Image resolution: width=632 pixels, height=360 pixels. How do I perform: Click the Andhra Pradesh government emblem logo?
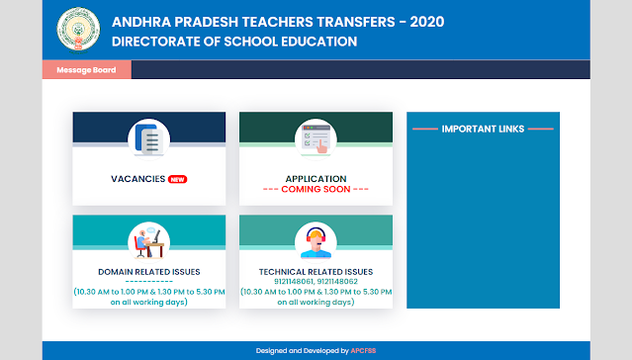coord(78,30)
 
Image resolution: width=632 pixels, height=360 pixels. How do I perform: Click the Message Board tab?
coord(86,70)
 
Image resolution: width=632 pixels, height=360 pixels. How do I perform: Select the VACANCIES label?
coord(137,179)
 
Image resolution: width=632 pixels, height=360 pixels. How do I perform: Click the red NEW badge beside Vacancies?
coord(177,179)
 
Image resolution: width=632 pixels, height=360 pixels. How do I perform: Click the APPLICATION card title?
coord(316,178)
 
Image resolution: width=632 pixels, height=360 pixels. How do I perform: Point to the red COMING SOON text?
coord(316,189)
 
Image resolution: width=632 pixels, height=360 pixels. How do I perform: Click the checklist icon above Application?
coord(316,140)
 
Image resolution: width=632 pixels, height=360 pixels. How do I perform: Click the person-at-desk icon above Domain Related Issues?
coord(149,240)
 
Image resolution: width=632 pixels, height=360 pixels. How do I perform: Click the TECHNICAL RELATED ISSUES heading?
coord(316,271)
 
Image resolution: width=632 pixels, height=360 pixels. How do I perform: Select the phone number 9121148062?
coord(338,281)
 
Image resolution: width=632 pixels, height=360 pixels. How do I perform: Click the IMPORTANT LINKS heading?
coord(483,129)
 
